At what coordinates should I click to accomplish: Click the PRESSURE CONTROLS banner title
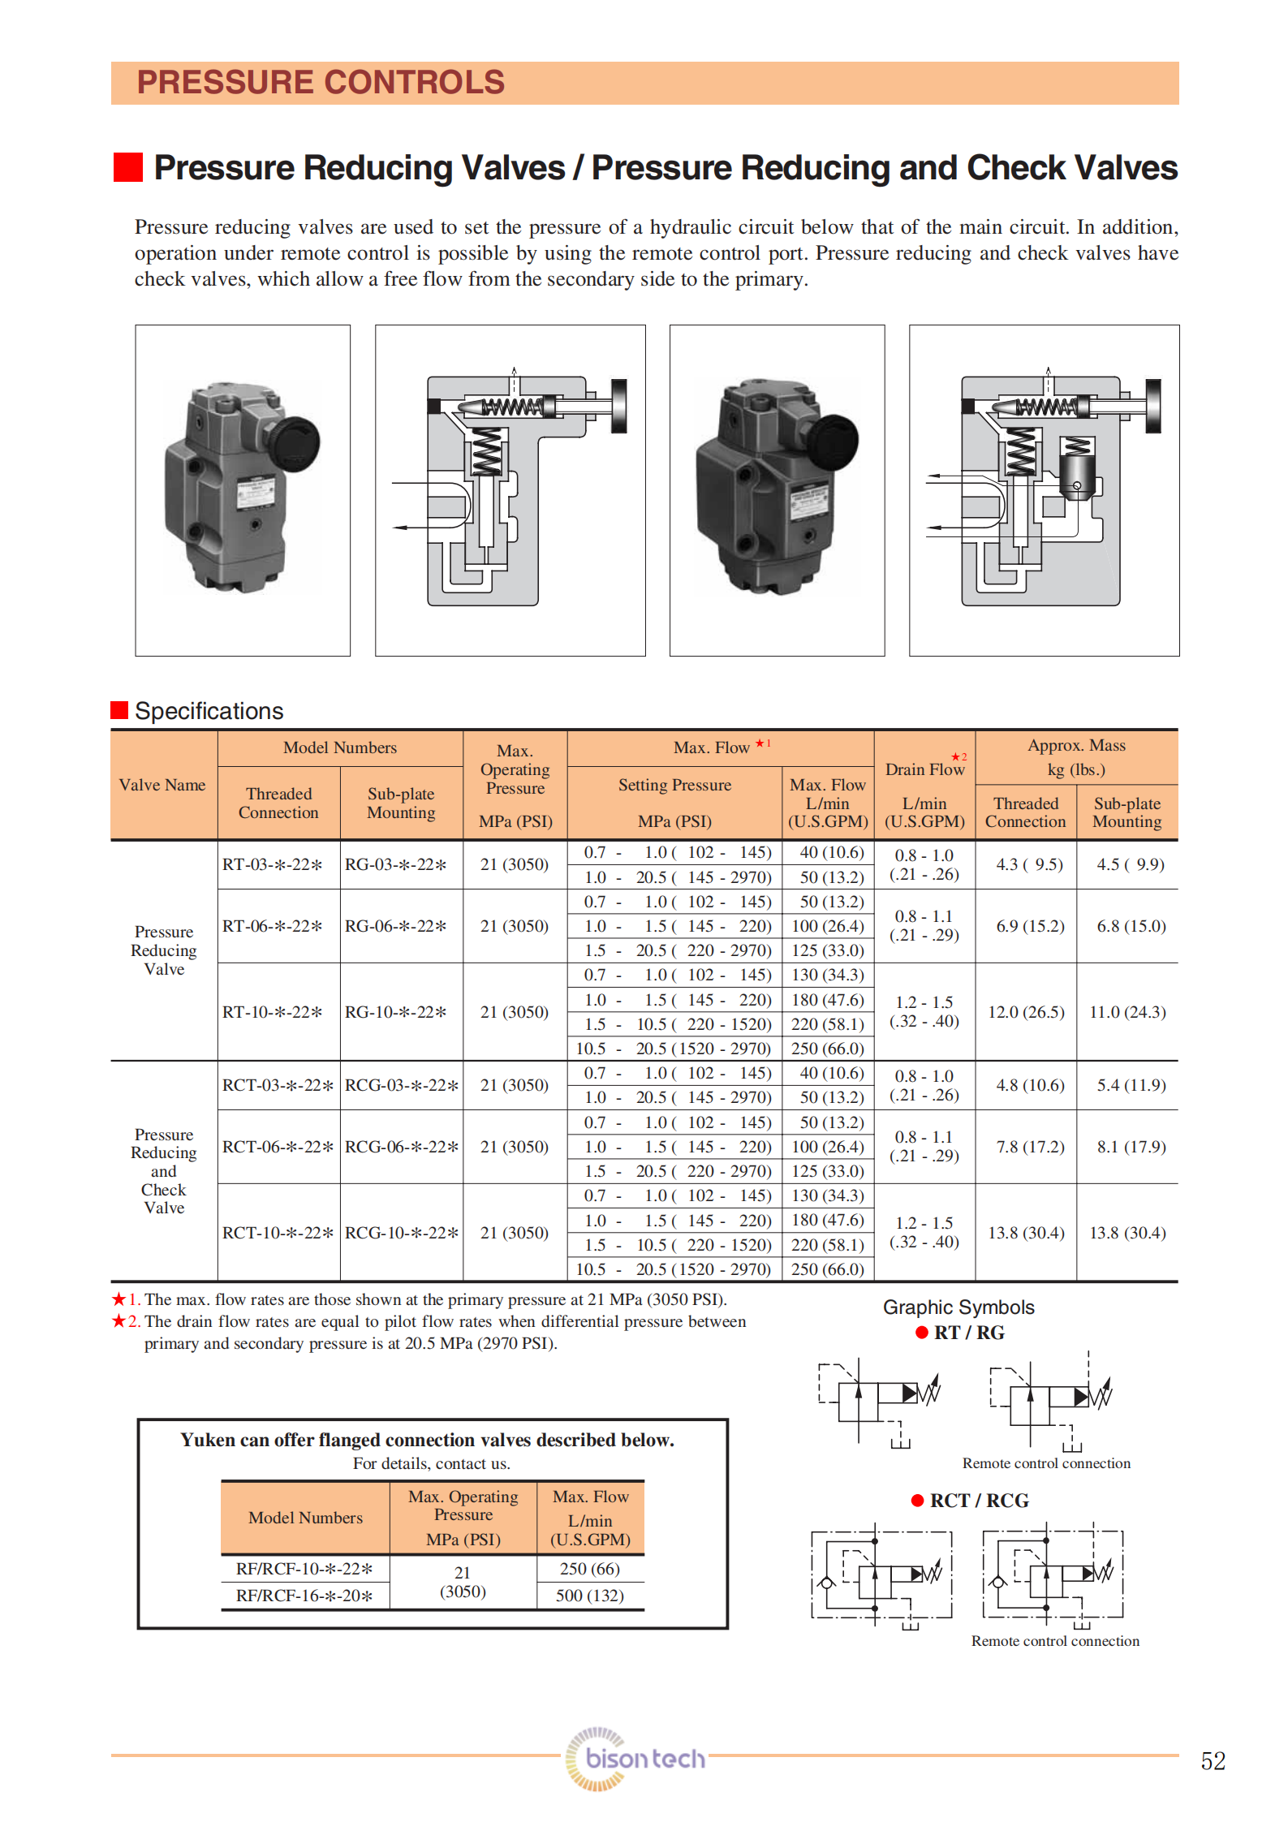click(x=321, y=83)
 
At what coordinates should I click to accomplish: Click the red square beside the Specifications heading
click(x=119, y=710)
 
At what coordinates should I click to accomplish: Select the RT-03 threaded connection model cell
click(x=273, y=864)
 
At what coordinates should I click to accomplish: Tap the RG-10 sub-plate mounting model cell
click(x=396, y=1012)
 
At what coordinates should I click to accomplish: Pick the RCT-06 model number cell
click(x=278, y=1147)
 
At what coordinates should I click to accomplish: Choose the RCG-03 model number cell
click(x=402, y=1085)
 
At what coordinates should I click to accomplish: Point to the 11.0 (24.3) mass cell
click(x=1127, y=1012)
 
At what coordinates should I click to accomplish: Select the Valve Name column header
click(x=162, y=785)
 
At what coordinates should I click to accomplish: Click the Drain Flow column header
click(x=924, y=769)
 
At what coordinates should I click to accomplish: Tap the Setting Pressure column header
click(x=674, y=785)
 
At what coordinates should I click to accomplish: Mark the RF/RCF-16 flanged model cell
click(x=304, y=1596)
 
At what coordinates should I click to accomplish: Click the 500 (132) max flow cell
click(x=590, y=1596)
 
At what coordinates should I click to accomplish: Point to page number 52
click(x=1213, y=1761)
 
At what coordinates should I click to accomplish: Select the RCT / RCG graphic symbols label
click(x=979, y=1501)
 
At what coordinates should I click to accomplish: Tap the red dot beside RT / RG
click(x=921, y=1333)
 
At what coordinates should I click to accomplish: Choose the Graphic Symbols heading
click(x=958, y=1307)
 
